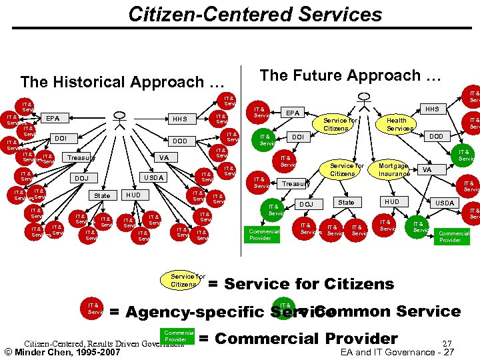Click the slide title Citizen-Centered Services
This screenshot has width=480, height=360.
coord(255,14)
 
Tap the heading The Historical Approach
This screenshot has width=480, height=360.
coord(121,82)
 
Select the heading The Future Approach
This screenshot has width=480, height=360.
coord(350,75)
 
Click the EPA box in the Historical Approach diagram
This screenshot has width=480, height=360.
coord(52,119)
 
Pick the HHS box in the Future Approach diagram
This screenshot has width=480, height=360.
coord(432,109)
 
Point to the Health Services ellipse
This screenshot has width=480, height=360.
coord(400,123)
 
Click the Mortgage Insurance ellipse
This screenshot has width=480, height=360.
coord(394,169)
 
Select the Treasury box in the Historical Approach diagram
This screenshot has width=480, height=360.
coord(80,158)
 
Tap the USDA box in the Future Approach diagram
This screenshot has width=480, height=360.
coord(444,203)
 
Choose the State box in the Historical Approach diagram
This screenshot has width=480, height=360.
coord(102,195)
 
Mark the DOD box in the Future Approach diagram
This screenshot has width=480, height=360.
coord(436,136)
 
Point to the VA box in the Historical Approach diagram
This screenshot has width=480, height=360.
coord(162,158)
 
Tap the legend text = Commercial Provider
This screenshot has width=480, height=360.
coord(298,339)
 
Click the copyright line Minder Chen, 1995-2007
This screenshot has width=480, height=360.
coord(61,352)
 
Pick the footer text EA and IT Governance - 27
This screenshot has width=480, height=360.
coord(397,352)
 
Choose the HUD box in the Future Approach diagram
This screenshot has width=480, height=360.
coord(392,202)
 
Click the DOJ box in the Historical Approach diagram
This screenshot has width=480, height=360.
coord(81,178)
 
